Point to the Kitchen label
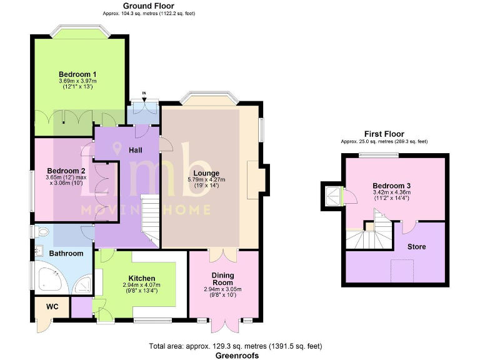[142, 278]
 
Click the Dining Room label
[222, 279]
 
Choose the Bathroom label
[66, 253]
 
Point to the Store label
[416, 247]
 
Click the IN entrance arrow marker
[144, 95]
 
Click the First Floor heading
[384, 134]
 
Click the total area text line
[235, 346]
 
